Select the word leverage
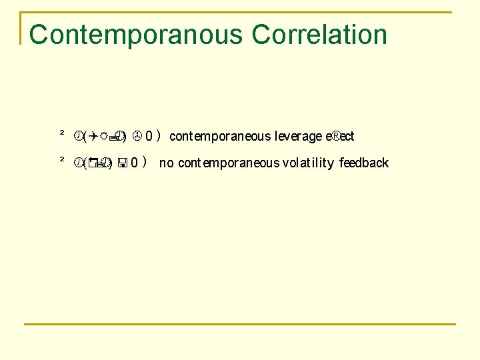297,137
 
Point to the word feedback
364,163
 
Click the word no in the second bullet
166,163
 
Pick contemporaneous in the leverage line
220,137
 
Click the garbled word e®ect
339,137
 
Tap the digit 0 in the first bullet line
149,137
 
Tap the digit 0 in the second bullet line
135,163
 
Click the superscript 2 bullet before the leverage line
61,135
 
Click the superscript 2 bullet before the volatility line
61,161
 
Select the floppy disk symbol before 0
124,163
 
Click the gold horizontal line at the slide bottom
240,324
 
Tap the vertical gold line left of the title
21,28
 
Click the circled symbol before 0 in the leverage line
136,137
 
